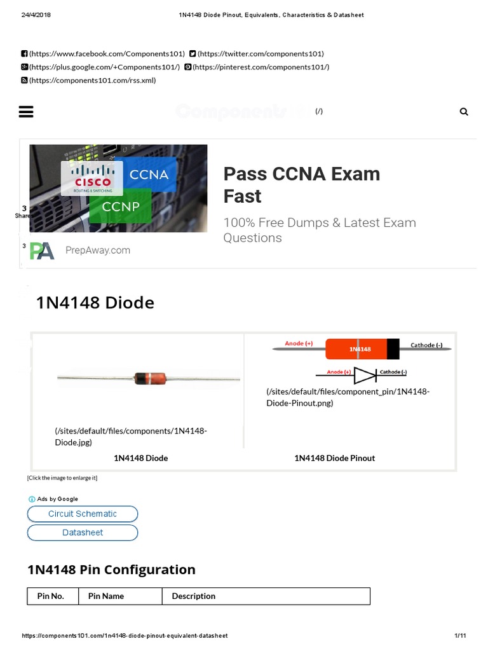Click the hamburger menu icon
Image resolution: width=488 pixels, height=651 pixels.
point(26,112)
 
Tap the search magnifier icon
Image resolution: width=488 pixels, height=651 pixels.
point(464,112)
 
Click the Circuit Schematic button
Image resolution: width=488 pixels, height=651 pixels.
point(83,514)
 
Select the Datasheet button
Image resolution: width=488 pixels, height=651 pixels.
point(83,533)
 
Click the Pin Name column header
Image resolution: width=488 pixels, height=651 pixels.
point(106,596)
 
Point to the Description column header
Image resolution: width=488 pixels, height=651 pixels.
point(194,596)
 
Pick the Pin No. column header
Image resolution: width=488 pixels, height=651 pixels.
point(51,596)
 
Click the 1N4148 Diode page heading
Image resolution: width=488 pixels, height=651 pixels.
point(95,303)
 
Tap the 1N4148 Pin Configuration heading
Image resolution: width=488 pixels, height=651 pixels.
point(111,570)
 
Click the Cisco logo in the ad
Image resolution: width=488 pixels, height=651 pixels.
point(92,177)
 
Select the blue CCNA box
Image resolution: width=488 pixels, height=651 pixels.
point(149,174)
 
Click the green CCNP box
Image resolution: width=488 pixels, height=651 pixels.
point(121,207)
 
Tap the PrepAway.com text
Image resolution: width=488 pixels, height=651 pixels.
point(98,250)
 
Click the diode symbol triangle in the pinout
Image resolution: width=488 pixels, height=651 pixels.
point(364,375)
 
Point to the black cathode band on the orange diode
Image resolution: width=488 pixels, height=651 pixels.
point(393,349)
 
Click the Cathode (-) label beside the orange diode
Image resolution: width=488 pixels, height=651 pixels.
point(426,345)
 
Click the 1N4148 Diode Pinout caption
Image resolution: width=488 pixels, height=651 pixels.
point(334,458)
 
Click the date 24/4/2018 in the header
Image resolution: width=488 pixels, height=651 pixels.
point(36,15)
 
